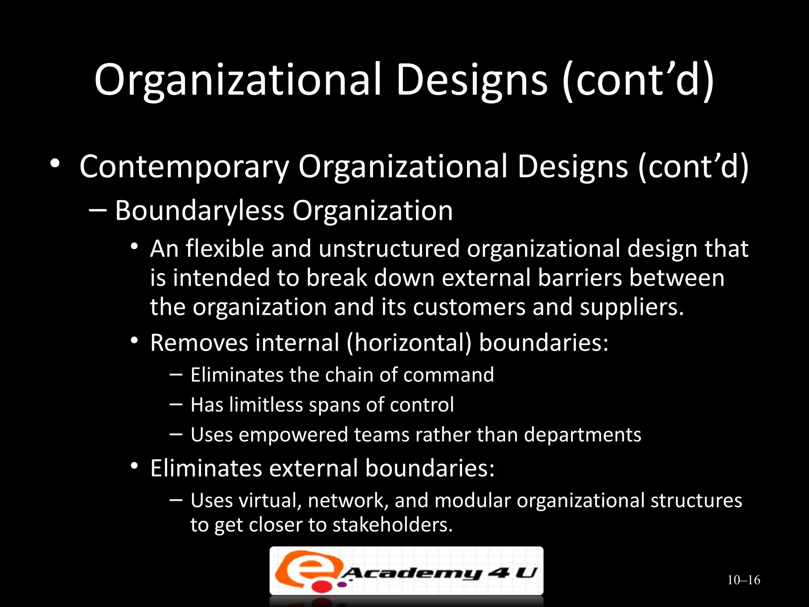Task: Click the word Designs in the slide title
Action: [472, 81]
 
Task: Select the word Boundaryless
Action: [199, 211]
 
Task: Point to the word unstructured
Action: [389, 249]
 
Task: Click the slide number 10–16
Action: [743, 580]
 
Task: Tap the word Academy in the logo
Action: [411, 573]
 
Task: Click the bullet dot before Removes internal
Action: [134, 340]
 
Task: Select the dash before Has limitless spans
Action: [176, 404]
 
